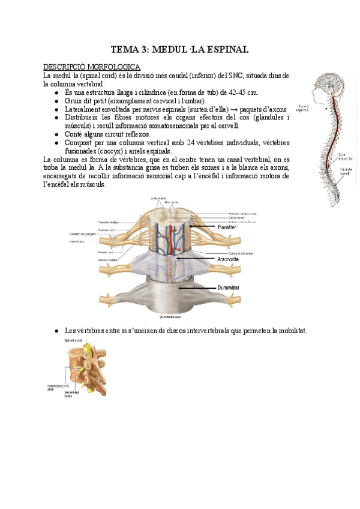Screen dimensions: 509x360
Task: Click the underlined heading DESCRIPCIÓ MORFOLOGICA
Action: coord(92,67)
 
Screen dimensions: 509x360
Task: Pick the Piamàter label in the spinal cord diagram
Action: coord(227,227)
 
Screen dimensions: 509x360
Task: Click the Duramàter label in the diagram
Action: coord(228,288)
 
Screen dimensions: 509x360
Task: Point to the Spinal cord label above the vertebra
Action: coord(74,340)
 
